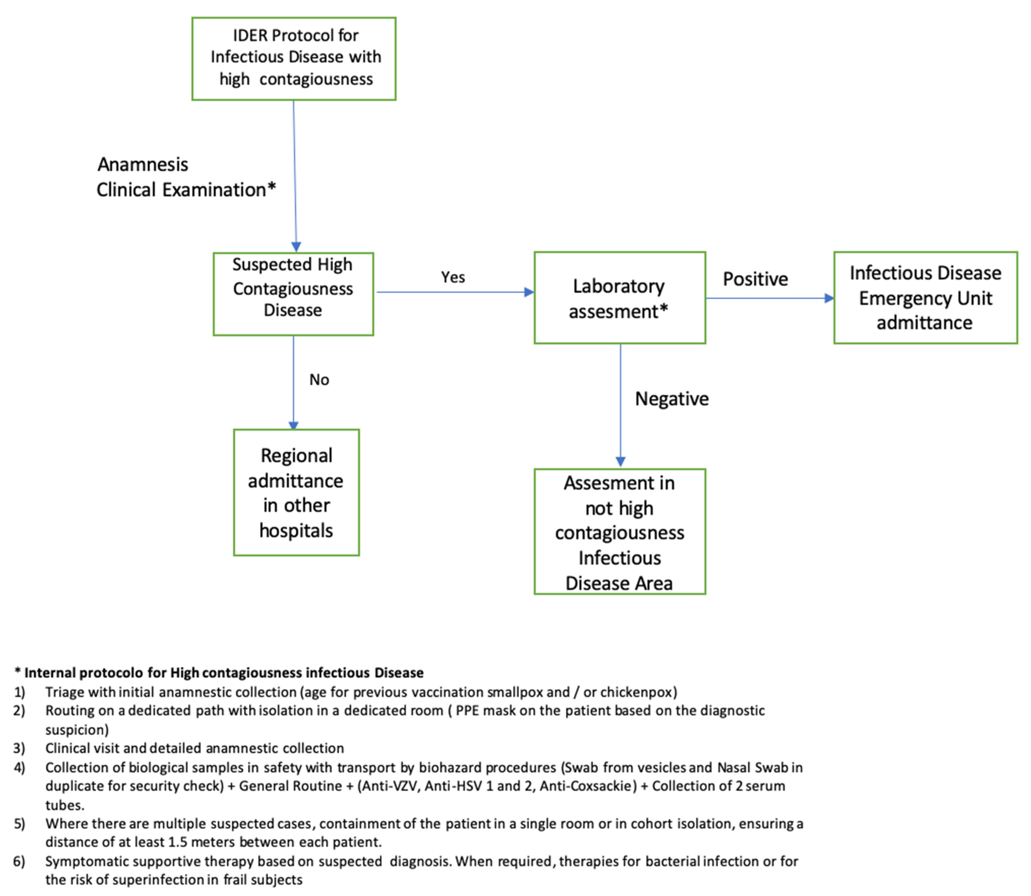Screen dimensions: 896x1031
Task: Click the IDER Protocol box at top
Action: point(294,59)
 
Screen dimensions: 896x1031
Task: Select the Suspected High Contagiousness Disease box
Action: point(293,294)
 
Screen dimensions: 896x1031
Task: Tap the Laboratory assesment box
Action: point(620,298)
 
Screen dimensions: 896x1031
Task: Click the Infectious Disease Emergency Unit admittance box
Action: point(925,298)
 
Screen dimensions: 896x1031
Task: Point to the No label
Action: point(319,379)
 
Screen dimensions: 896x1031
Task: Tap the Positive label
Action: point(755,279)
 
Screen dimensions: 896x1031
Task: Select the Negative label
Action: point(672,399)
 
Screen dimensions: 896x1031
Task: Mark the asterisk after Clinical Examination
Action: point(271,187)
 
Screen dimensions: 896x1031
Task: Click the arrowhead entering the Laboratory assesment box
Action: point(529,292)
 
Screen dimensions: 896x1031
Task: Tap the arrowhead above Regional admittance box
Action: point(293,425)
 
